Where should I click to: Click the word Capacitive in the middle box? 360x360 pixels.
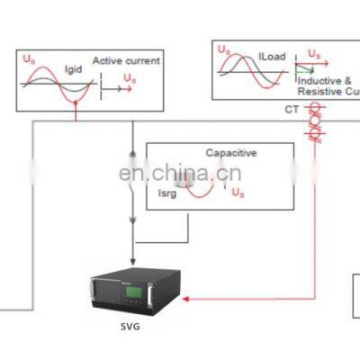point(230,153)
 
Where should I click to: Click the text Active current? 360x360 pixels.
point(126,61)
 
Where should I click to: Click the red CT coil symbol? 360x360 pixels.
point(314,121)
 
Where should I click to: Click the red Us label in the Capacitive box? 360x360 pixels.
point(238,192)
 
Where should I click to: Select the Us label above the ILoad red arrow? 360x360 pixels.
point(314,55)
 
